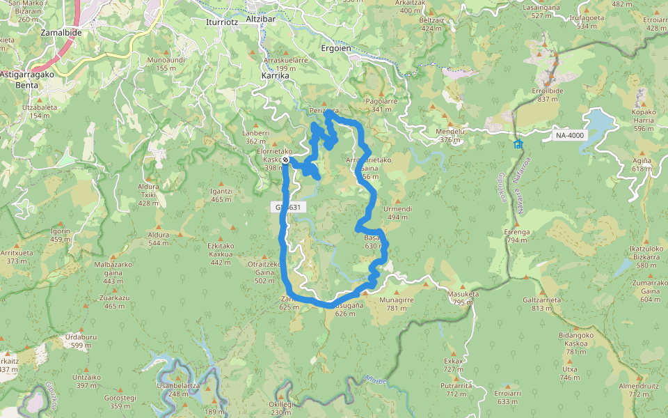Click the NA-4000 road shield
coord(570,135)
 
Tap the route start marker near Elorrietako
coord(285,160)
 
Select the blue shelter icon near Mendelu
coord(518,144)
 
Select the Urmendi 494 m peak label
coord(398,212)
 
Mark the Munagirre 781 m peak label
coord(397,303)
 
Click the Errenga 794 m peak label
coord(517,235)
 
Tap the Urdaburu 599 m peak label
coord(77,341)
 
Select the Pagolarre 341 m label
coord(381,105)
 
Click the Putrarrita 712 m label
coord(456,389)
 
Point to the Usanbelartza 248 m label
coord(178,389)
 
